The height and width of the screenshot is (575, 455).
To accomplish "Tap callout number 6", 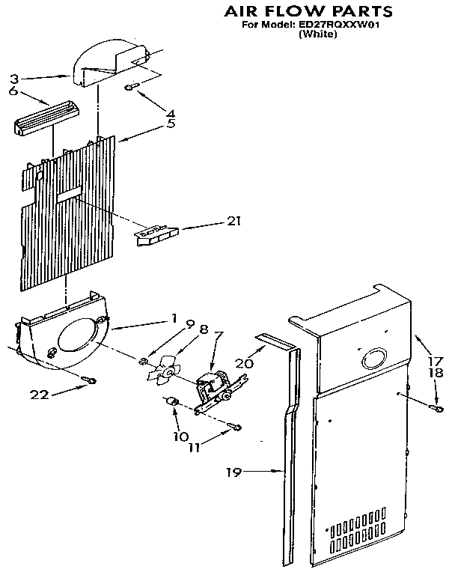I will (13, 91).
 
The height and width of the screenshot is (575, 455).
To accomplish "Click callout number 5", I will (171, 124).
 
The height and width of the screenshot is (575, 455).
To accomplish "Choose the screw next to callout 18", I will (434, 407).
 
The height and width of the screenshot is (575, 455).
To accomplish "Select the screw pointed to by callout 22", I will (91, 380).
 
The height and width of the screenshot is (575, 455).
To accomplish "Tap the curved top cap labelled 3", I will (112, 60).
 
